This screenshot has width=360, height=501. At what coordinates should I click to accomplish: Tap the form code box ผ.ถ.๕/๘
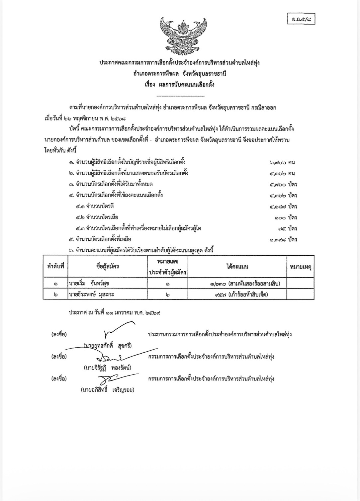click(x=301, y=20)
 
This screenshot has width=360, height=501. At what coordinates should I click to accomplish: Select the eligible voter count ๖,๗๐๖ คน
click(x=283, y=162)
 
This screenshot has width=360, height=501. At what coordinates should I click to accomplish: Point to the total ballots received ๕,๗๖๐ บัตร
click(x=284, y=184)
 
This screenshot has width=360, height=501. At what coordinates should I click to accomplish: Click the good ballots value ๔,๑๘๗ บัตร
click(x=284, y=207)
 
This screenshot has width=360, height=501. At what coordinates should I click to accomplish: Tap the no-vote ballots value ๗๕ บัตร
click(x=288, y=228)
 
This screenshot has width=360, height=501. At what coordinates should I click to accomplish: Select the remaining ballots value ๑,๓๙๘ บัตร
click(x=284, y=239)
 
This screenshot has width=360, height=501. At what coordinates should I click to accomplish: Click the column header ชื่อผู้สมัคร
click(x=108, y=266)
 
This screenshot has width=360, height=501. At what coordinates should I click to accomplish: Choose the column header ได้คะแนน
click(x=237, y=266)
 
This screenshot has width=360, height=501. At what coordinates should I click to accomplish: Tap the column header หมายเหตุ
click(x=300, y=266)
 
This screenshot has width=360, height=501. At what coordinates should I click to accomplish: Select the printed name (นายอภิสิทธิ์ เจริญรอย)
click(x=108, y=390)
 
